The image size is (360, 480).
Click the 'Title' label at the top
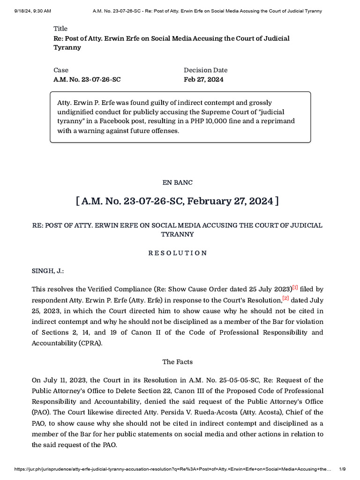tap(61, 29)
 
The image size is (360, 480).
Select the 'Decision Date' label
tap(205, 70)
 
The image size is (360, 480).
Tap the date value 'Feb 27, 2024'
tap(203, 79)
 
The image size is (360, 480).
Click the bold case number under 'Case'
tap(87, 79)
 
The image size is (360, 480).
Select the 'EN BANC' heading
tap(180, 182)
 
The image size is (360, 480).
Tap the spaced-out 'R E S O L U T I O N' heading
tap(178, 253)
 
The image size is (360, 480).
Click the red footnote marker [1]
tap(295, 287)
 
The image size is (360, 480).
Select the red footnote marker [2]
tap(285, 299)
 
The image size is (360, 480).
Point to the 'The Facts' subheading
tap(178, 361)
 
